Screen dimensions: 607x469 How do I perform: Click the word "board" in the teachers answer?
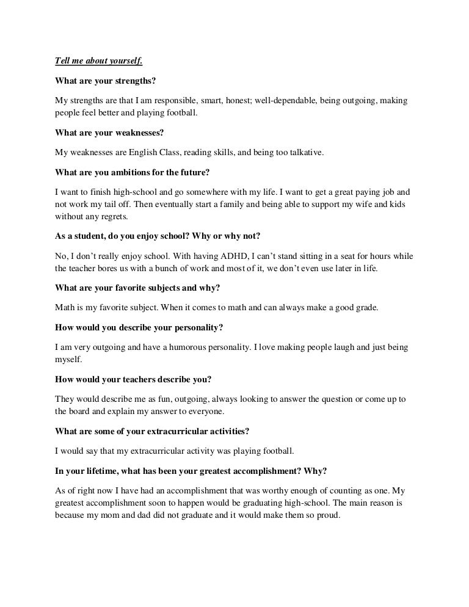(x=81, y=411)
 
